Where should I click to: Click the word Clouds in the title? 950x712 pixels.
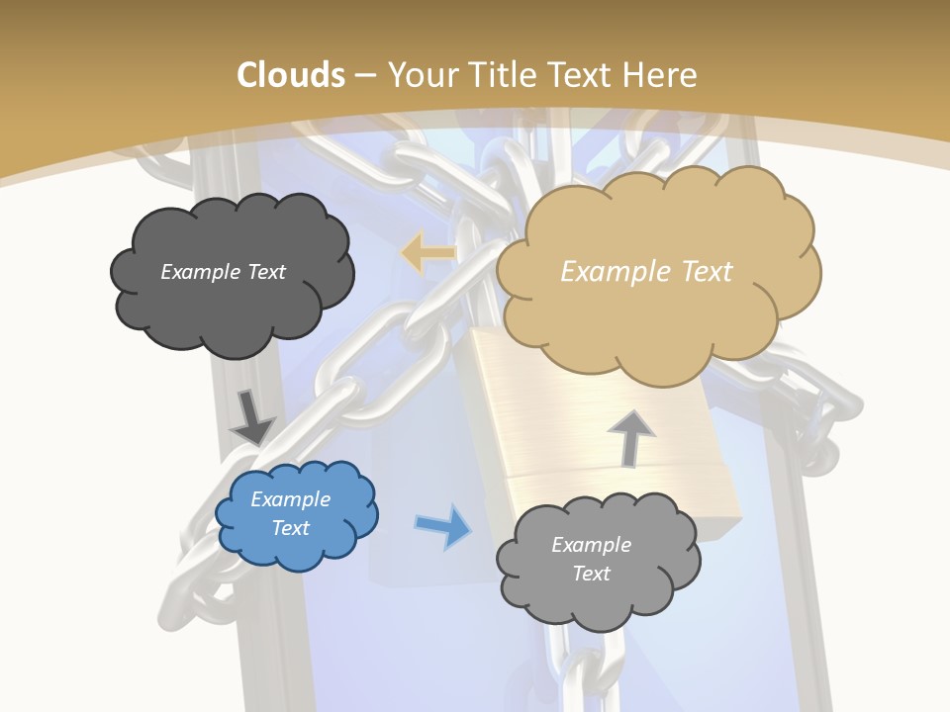click(290, 75)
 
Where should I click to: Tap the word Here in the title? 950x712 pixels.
click(661, 75)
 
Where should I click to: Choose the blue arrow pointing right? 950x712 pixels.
click(444, 526)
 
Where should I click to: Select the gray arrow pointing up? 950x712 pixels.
click(630, 437)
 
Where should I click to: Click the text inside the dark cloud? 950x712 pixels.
click(223, 272)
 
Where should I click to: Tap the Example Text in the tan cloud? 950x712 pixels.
click(646, 272)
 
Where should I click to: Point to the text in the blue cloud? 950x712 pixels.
click(291, 513)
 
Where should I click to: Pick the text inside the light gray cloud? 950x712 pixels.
click(591, 559)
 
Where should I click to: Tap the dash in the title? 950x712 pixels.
click(365, 75)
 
